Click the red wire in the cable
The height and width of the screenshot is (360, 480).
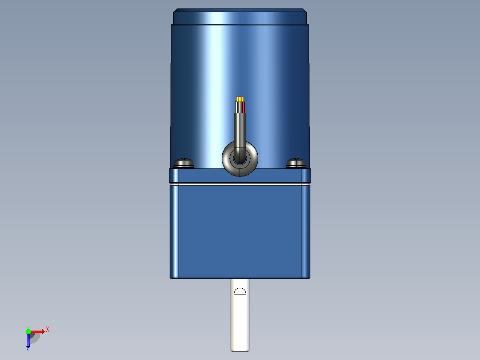click(244, 107)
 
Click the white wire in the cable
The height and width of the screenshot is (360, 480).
click(236, 107)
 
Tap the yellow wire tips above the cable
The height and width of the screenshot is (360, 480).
click(240, 99)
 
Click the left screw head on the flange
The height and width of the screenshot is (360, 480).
click(183, 164)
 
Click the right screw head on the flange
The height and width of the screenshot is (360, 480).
click(296, 164)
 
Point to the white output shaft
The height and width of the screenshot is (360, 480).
click(240, 315)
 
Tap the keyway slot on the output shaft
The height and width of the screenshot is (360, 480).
click(240, 319)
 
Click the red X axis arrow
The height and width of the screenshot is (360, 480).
click(37, 331)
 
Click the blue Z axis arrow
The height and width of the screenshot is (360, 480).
click(28, 340)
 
